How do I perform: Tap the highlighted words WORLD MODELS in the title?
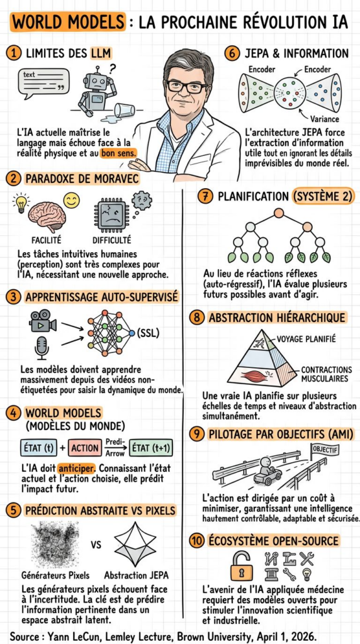pos(68,22)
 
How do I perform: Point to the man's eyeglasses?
pos(187,86)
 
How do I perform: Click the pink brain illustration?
pos(47,216)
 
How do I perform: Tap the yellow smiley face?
pos(72,201)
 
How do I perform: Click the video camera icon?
pos(43,321)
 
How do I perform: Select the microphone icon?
pos(42,347)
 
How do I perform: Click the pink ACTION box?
pos(85,448)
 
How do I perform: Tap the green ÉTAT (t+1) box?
pos(151,448)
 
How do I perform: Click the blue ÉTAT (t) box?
pos(38,448)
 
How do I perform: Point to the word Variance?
pos(324,119)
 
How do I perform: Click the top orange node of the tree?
pos(279,213)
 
